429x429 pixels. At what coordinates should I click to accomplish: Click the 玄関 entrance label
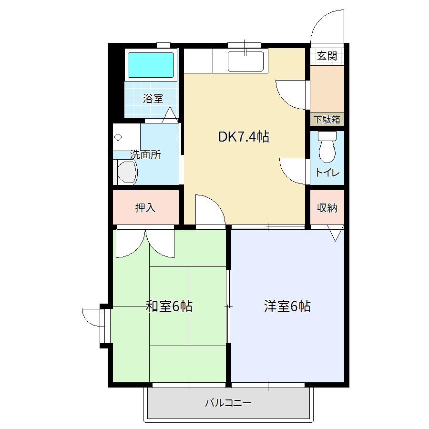point(327,56)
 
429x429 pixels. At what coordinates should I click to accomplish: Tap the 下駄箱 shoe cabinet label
point(327,120)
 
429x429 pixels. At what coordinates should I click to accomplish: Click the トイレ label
point(327,173)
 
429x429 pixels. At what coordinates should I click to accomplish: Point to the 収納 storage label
point(327,208)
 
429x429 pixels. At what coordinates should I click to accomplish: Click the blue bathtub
point(151,65)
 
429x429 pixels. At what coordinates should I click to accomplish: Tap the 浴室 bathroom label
point(153,99)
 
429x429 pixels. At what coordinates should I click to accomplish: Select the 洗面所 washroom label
point(145,154)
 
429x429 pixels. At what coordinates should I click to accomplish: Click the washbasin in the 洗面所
point(127,172)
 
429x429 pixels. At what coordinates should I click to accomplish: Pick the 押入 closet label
point(145,208)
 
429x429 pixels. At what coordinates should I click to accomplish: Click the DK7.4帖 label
point(244,137)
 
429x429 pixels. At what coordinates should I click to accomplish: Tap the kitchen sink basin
point(245,61)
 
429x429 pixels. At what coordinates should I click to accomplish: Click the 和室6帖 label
point(169,306)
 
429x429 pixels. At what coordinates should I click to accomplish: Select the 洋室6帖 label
point(287,306)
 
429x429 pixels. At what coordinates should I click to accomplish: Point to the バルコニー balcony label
point(228,403)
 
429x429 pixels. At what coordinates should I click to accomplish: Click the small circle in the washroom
point(118,137)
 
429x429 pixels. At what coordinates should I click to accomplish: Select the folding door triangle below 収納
point(336,233)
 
